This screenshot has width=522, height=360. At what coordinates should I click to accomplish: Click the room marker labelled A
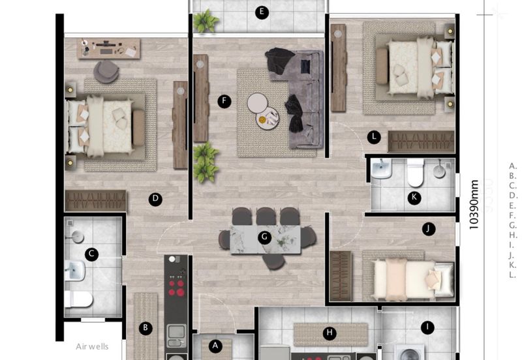216,345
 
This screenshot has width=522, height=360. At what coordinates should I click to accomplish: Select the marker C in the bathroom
92,254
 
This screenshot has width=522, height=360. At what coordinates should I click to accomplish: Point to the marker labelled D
155,200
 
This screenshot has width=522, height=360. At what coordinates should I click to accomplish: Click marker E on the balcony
262,12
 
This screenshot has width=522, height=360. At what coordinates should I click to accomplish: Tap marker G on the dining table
264,237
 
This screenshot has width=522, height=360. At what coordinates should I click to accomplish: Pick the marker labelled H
330,333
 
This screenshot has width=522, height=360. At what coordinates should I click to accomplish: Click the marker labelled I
427,328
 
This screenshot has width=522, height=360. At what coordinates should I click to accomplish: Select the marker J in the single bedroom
428,229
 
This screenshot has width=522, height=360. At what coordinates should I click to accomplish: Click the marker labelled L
373,137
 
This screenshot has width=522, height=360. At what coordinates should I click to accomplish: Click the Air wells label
92,346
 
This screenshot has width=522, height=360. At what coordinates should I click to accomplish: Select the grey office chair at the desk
106,70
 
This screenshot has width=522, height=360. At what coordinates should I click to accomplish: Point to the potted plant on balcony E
206,21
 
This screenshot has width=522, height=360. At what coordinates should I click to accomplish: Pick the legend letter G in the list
513,225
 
